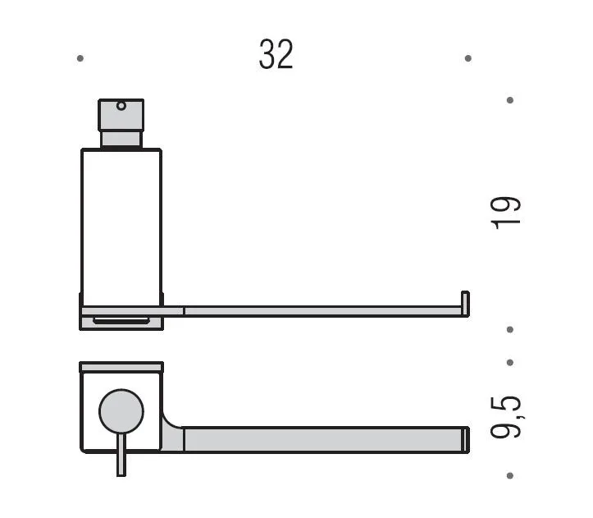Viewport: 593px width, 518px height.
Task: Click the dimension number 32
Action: tap(276, 54)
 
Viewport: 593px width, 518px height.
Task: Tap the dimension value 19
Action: tap(505, 213)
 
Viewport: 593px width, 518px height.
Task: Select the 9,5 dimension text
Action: tap(506, 417)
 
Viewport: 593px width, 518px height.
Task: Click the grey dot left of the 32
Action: tap(80, 58)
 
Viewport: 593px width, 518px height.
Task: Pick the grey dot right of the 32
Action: tap(468, 58)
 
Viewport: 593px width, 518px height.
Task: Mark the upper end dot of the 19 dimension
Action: tap(510, 100)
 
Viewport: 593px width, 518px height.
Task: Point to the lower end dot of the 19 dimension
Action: tap(510, 329)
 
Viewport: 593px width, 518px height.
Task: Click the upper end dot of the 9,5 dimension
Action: tap(510, 363)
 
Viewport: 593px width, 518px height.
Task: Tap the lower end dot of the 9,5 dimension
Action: tap(510, 475)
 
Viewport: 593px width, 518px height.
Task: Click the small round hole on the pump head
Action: tap(121, 106)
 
